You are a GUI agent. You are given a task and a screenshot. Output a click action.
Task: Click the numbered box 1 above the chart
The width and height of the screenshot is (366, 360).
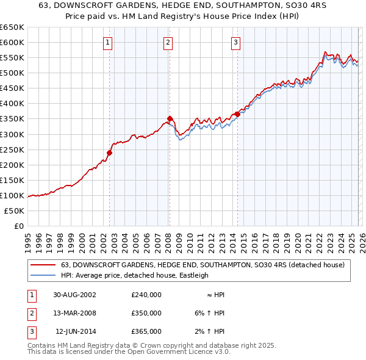(x=107, y=42)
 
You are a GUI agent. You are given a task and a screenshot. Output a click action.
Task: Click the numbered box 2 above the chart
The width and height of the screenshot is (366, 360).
(x=168, y=42)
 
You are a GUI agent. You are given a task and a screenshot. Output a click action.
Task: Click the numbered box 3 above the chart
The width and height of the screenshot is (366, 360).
(x=235, y=42)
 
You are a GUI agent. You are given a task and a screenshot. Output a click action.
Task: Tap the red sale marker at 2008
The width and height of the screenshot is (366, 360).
(x=170, y=118)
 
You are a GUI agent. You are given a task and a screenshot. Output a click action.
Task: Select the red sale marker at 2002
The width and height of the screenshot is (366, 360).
(x=110, y=153)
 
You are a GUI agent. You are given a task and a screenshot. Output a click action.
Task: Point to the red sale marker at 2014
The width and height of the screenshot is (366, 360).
(x=237, y=114)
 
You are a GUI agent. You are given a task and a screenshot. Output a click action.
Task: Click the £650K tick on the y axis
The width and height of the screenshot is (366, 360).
(x=12, y=27)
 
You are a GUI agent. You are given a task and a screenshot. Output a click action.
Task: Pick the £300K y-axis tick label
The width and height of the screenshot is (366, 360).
(x=12, y=134)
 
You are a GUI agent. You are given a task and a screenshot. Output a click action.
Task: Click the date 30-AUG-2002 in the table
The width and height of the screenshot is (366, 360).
(x=74, y=294)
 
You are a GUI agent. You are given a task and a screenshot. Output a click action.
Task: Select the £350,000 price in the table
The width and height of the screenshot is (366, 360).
(x=146, y=313)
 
